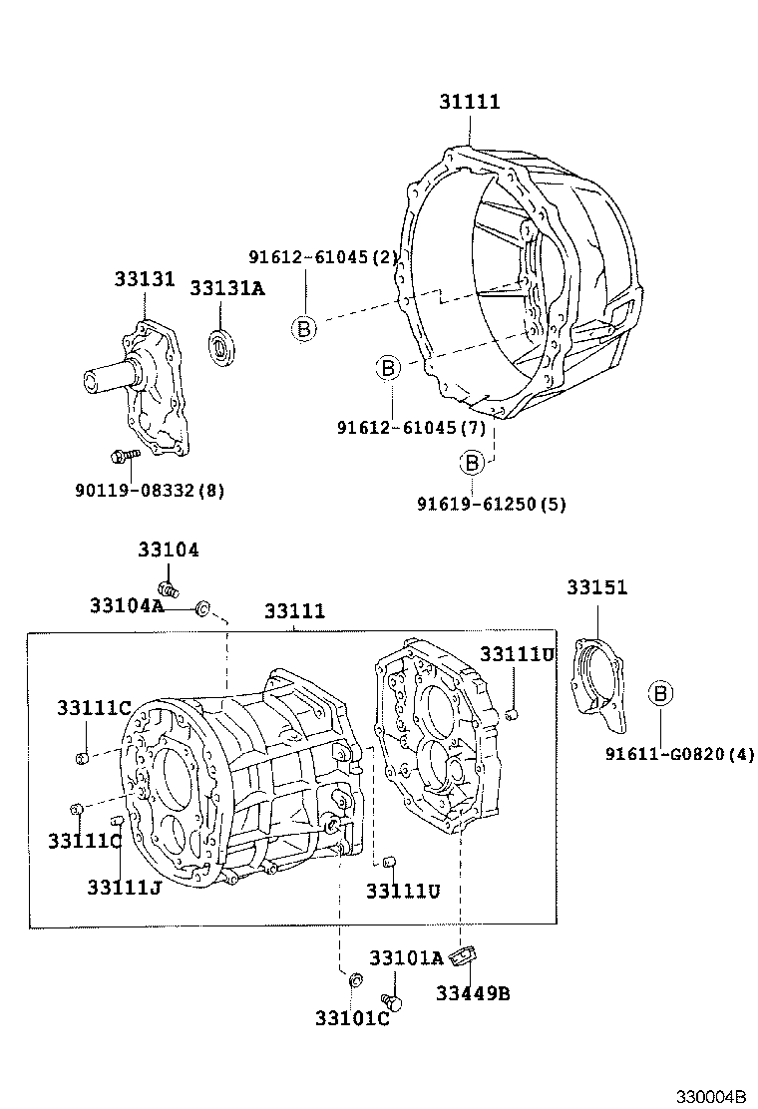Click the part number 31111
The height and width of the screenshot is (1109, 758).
tap(469, 102)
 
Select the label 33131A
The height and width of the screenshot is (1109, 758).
tap(227, 288)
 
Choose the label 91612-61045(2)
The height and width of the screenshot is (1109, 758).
tap(324, 257)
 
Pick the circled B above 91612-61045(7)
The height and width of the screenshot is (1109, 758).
tap(388, 369)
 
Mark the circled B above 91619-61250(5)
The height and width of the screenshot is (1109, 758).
tap(472, 463)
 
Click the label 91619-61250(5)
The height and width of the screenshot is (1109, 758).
tap(491, 504)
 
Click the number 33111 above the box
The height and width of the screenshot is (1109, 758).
tap(294, 611)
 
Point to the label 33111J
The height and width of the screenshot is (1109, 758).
tap(124, 887)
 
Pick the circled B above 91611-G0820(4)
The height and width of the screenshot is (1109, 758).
tap(660, 694)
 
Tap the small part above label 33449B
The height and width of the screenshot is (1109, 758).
tap(463, 957)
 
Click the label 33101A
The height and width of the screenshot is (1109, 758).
tap(405, 957)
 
